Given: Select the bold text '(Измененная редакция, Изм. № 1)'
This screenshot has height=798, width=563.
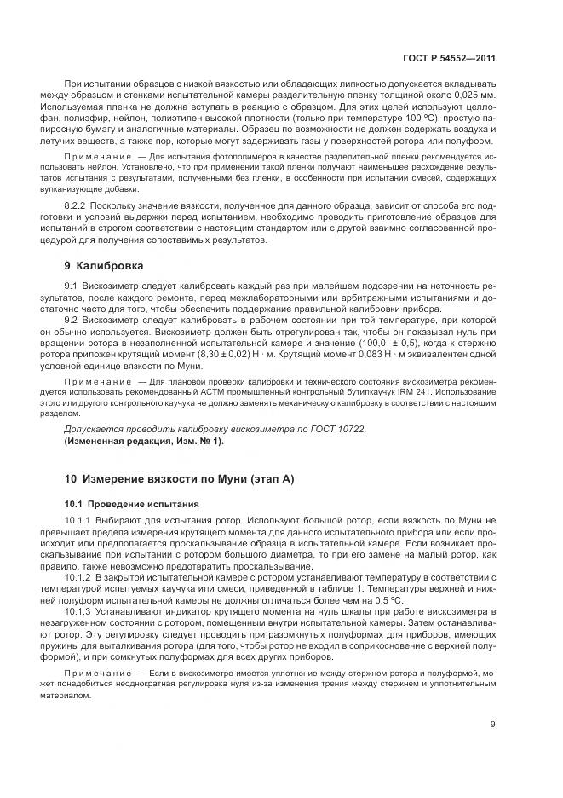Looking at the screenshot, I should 143,440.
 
